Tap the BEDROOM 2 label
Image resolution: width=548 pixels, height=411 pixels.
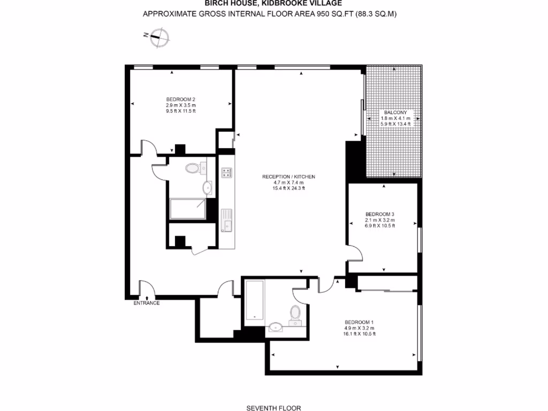(x=180, y=99)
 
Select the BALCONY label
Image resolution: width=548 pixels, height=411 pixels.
(x=395, y=112)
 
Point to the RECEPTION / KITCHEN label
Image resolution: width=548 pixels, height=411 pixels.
(x=288, y=177)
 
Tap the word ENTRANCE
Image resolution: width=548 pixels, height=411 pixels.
(x=147, y=303)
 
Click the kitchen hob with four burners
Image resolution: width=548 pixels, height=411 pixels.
(x=226, y=172)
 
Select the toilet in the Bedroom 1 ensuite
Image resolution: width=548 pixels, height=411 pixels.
(x=295, y=314)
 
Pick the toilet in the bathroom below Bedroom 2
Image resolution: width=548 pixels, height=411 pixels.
(x=193, y=169)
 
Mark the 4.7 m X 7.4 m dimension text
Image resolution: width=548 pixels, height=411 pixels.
(x=288, y=182)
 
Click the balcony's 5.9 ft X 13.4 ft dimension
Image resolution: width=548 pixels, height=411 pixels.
(x=395, y=124)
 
